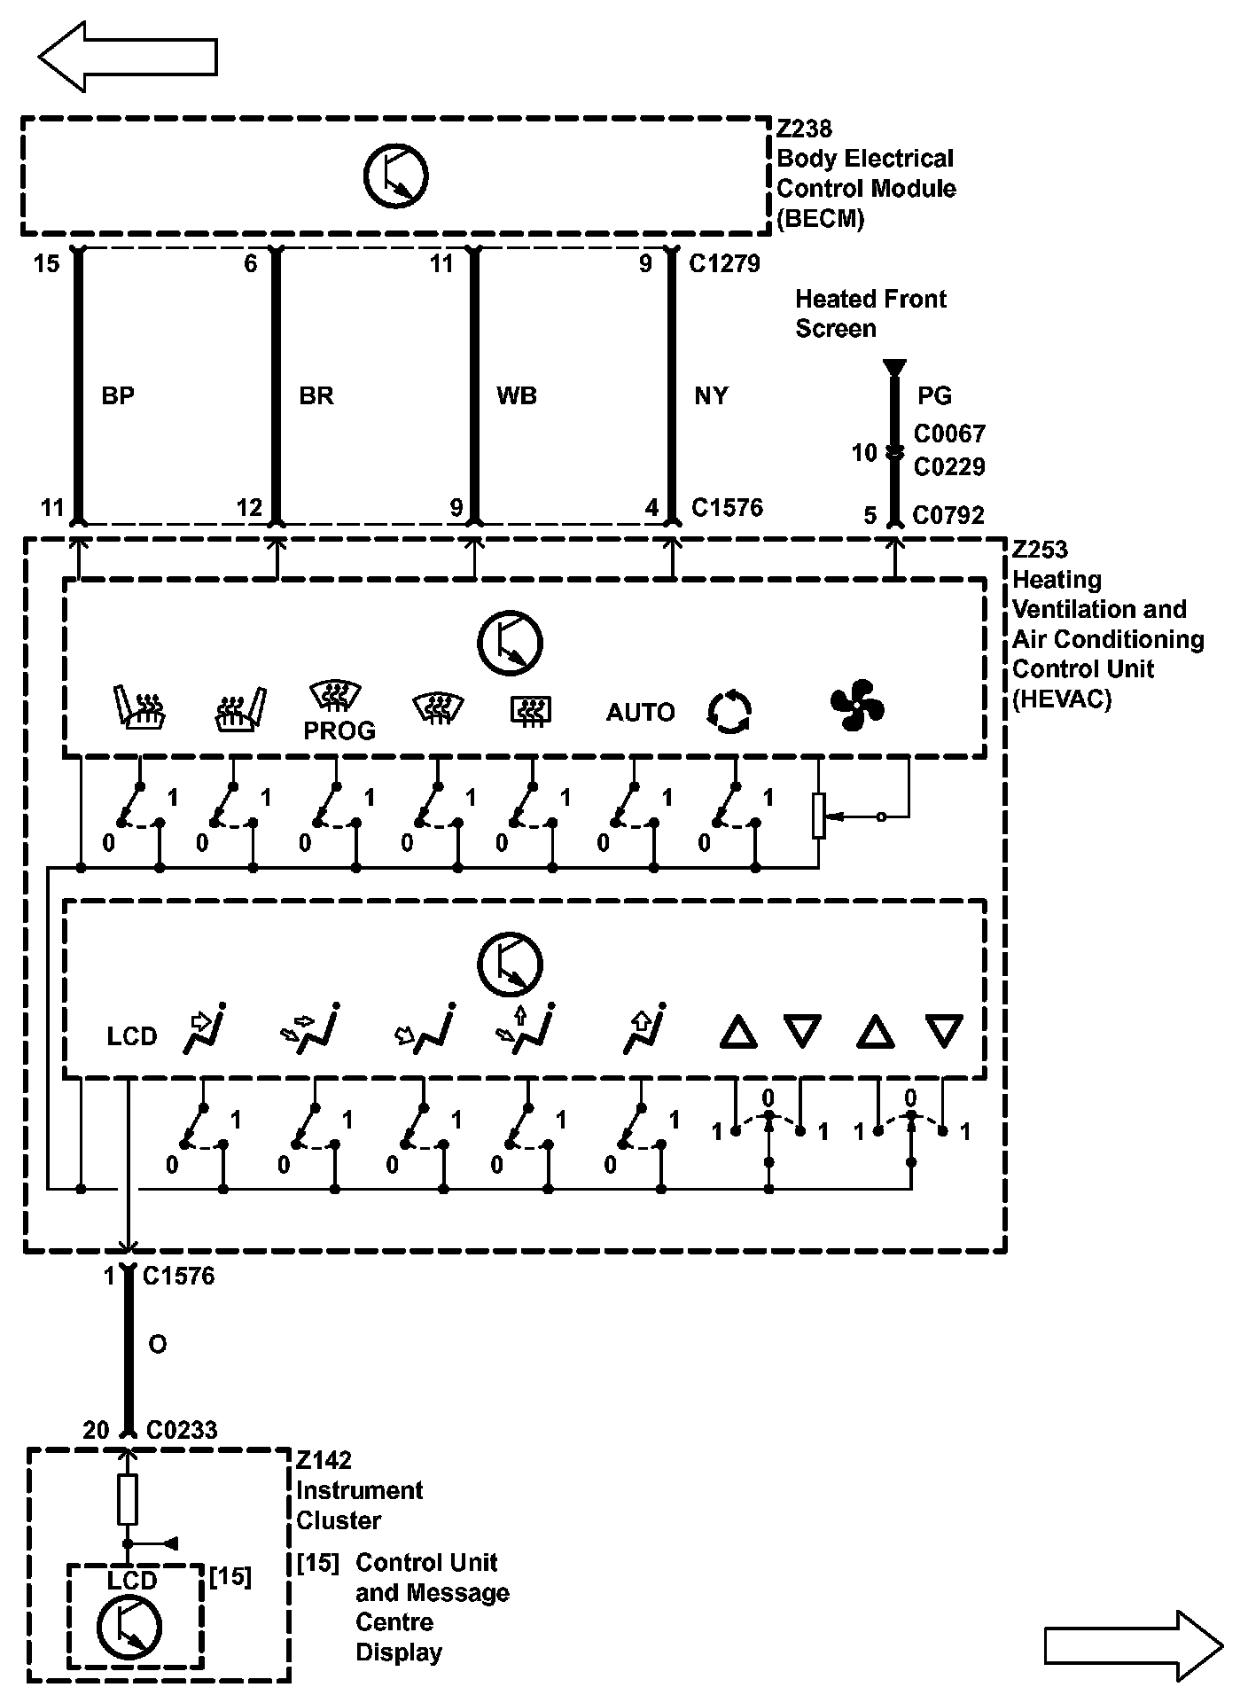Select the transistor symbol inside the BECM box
pos(395,176)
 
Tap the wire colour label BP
pos(118,395)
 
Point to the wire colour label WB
pos(516,395)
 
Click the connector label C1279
pos(724,263)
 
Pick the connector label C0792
pos(948,515)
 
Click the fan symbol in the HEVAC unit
pos(857,706)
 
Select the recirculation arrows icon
pos(729,712)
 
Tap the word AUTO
pos(640,712)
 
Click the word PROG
pos(339,730)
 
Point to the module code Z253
pos(1040,550)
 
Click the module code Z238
pos(804,129)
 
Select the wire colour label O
pos(158,1345)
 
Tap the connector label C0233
pos(182,1430)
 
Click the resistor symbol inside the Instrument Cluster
pos(128,1501)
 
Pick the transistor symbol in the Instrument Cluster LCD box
pos(129,1626)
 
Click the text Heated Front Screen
pos(870,314)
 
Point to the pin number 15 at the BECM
pos(47,263)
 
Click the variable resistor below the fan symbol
pos(819,816)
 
